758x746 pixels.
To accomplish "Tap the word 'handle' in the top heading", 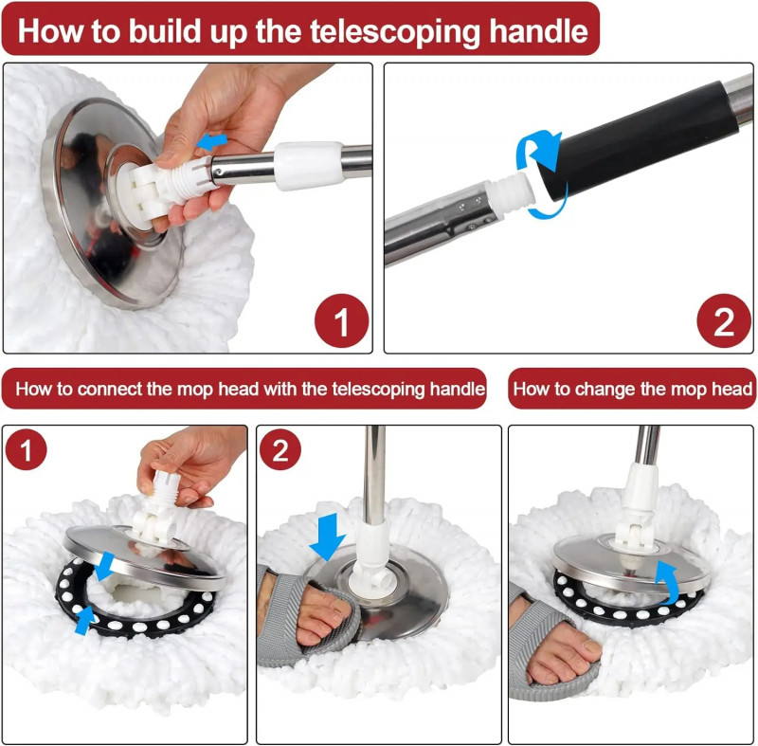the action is click(x=538, y=31).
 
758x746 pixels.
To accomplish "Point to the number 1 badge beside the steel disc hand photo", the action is click(x=341, y=321).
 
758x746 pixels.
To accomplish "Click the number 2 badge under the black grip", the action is click(x=724, y=321).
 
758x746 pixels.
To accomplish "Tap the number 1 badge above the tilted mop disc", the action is click(x=27, y=449).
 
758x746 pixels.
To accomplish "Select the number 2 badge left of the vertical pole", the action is click(x=280, y=449).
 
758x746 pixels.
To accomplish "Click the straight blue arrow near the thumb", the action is click(x=211, y=141).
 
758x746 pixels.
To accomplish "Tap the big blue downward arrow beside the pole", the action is click(x=328, y=537).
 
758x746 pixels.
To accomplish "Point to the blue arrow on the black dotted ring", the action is click(x=84, y=621).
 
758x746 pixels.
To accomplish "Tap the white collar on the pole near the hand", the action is click(x=310, y=165).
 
